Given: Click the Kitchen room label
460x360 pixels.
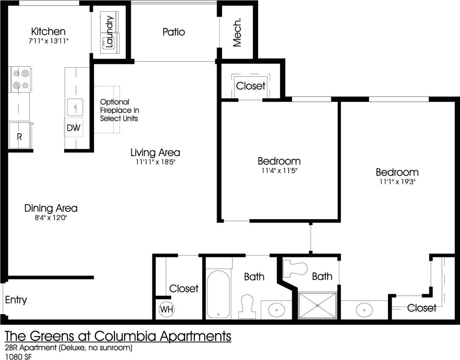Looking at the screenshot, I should (x=48, y=31).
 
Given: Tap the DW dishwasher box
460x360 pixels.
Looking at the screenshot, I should (x=73, y=128).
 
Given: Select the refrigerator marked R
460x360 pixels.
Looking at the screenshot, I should (x=19, y=136).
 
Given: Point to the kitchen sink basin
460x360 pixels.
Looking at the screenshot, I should (x=75, y=107).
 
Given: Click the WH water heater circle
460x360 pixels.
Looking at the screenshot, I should (x=166, y=309).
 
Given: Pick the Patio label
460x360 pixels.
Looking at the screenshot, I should (x=174, y=32).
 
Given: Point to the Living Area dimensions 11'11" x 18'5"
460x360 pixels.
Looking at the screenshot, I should (x=155, y=162).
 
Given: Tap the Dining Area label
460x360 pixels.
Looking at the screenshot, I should (x=51, y=208).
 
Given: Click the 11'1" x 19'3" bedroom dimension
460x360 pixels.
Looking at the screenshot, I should (x=397, y=182).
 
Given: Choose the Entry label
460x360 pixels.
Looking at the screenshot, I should (x=16, y=300).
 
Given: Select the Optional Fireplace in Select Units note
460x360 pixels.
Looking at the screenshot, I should (x=119, y=110).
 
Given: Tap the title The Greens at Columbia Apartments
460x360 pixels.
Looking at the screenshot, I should (x=118, y=336).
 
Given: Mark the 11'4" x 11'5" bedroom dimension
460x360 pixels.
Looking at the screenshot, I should (x=279, y=171).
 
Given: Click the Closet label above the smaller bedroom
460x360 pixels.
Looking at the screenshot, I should (x=251, y=86).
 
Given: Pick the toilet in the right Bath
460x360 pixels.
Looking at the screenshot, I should (x=295, y=268).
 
